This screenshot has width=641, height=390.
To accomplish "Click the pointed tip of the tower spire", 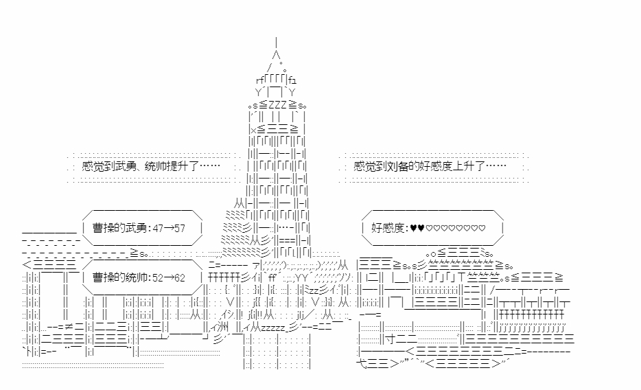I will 276,40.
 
